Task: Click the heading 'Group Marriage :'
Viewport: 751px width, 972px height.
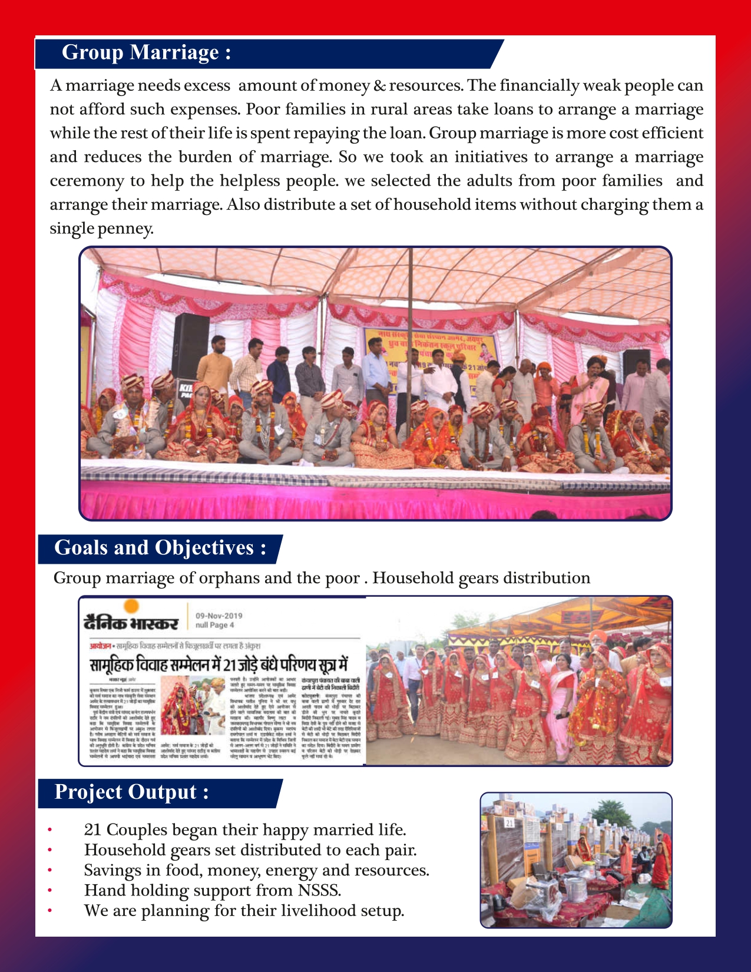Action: (146, 52)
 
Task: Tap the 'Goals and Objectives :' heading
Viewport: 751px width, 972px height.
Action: (160, 548)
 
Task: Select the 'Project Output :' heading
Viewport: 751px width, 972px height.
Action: (131, 792)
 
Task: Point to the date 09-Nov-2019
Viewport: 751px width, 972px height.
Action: (219, 616)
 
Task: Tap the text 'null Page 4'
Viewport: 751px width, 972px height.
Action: (214, 626)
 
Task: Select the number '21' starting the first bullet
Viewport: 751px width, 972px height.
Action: (93, 830)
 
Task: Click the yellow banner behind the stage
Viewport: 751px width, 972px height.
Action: (430, 353)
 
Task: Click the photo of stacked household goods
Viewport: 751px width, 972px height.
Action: (575, 859)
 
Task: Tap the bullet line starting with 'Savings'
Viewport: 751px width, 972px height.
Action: (256, 870)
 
